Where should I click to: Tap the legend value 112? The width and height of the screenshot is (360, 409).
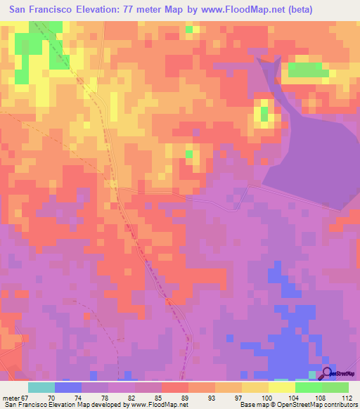347,398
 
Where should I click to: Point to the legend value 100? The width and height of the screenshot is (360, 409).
266,398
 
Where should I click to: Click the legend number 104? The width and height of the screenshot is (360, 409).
292,398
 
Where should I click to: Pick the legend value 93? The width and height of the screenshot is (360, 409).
212,398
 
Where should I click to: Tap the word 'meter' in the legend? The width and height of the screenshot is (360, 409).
12,398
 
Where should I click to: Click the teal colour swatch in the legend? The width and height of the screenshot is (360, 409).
41,387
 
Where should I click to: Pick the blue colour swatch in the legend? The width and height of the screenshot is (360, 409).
68,387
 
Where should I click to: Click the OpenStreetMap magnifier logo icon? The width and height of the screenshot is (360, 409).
326,375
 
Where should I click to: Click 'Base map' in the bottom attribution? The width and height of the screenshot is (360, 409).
251,405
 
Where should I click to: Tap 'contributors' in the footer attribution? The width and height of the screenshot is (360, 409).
337,405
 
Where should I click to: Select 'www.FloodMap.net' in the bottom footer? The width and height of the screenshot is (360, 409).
158,405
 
